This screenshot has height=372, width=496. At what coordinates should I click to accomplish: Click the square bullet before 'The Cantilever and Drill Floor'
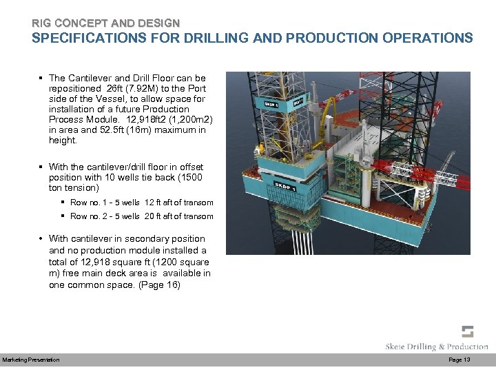tap(41, 78)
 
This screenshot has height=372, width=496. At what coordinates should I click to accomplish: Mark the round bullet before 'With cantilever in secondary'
tap(41, 239)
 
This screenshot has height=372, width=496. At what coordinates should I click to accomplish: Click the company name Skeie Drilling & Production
tap(437, 347)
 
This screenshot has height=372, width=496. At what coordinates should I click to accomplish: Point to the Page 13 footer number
tap(459, 360)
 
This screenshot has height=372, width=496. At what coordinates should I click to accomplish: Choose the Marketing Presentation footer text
tap(31, 360)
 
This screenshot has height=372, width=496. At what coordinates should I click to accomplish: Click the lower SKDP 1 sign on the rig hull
tap(286, 186)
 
